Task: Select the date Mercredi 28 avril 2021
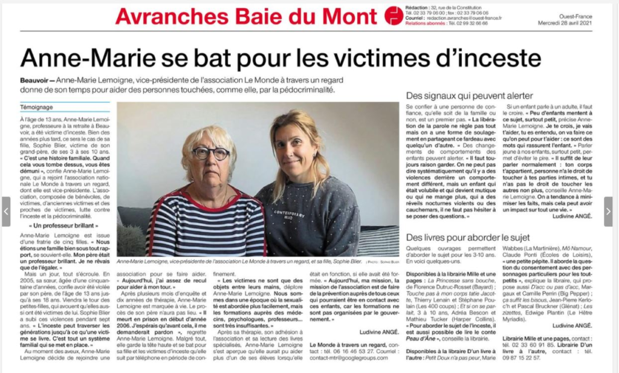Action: pyautogui.click(x=573, y=24)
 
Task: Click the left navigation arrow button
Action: pyautogui.click(x=6, y=211)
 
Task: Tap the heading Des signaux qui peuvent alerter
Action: pyautogui.click(x=469, y=96)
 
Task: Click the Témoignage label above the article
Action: pyautogui.click(x=37, y=107)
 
